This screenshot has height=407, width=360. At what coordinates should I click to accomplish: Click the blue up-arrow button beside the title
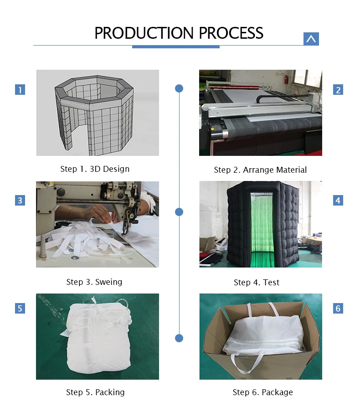coord(311,39)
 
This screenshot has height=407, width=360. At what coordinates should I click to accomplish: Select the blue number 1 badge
coord(20,89)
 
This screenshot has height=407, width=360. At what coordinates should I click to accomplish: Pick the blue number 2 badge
coord(338,90)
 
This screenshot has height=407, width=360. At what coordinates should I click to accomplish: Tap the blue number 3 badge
coord(20,200)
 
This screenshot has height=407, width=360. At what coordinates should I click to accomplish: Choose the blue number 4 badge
coord(338,200)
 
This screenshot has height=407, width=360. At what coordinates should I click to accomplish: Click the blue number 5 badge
coord(20,309)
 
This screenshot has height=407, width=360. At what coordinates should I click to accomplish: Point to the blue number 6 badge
coord(338,309)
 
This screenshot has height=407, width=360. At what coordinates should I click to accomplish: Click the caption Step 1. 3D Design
coord(95,169)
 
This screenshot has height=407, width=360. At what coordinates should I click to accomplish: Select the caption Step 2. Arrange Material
coord(260,170)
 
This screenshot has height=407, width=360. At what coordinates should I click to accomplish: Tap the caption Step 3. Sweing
coord(94,282)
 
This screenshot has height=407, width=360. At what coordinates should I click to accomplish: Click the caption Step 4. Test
coord(257,283)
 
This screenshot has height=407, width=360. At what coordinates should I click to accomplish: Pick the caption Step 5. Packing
coord(95,392)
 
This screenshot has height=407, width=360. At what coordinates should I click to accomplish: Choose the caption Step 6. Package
coord(262,392)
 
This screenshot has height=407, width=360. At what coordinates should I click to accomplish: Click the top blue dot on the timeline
coord(179,88)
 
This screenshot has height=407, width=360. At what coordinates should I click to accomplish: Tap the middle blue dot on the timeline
coord(179,211)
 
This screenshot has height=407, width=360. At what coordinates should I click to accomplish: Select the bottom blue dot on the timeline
coord(179,338)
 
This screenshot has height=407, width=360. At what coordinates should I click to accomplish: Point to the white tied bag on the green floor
coord(98,337)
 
